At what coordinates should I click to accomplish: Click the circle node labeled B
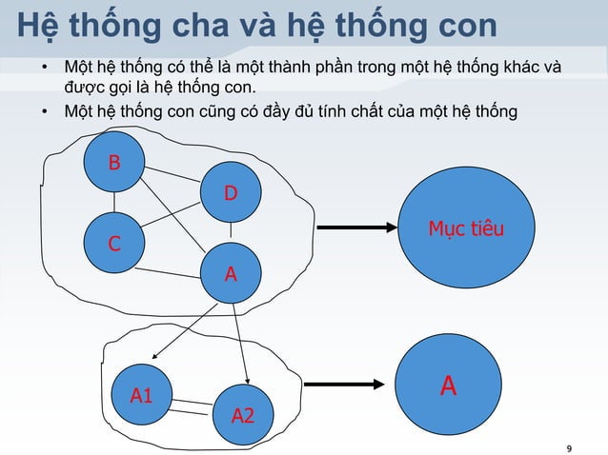114,163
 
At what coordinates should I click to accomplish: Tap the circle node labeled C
113,244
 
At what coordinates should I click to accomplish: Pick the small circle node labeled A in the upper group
231,275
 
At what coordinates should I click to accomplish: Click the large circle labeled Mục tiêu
466,230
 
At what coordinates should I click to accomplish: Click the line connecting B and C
114,203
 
